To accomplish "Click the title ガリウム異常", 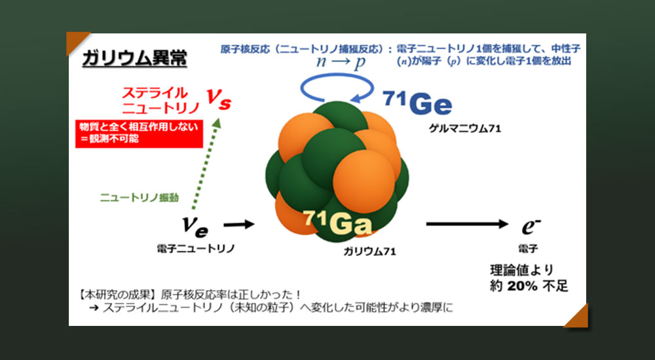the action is [134, 58].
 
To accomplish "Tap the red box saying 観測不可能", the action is [139, 134].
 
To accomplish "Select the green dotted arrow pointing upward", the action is [205, 164].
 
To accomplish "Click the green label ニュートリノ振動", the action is [139, 198].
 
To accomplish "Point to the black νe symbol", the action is [195, 226].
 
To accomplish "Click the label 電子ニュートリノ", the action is [195, 249].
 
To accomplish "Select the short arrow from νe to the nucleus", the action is [239, 225].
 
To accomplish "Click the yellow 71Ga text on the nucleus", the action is [337, 223].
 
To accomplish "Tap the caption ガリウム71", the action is [369, 251].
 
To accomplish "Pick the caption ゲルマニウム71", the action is [464, 128].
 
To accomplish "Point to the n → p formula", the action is [341, 62].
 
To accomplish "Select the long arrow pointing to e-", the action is [467, 225].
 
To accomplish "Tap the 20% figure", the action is [522, 286].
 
